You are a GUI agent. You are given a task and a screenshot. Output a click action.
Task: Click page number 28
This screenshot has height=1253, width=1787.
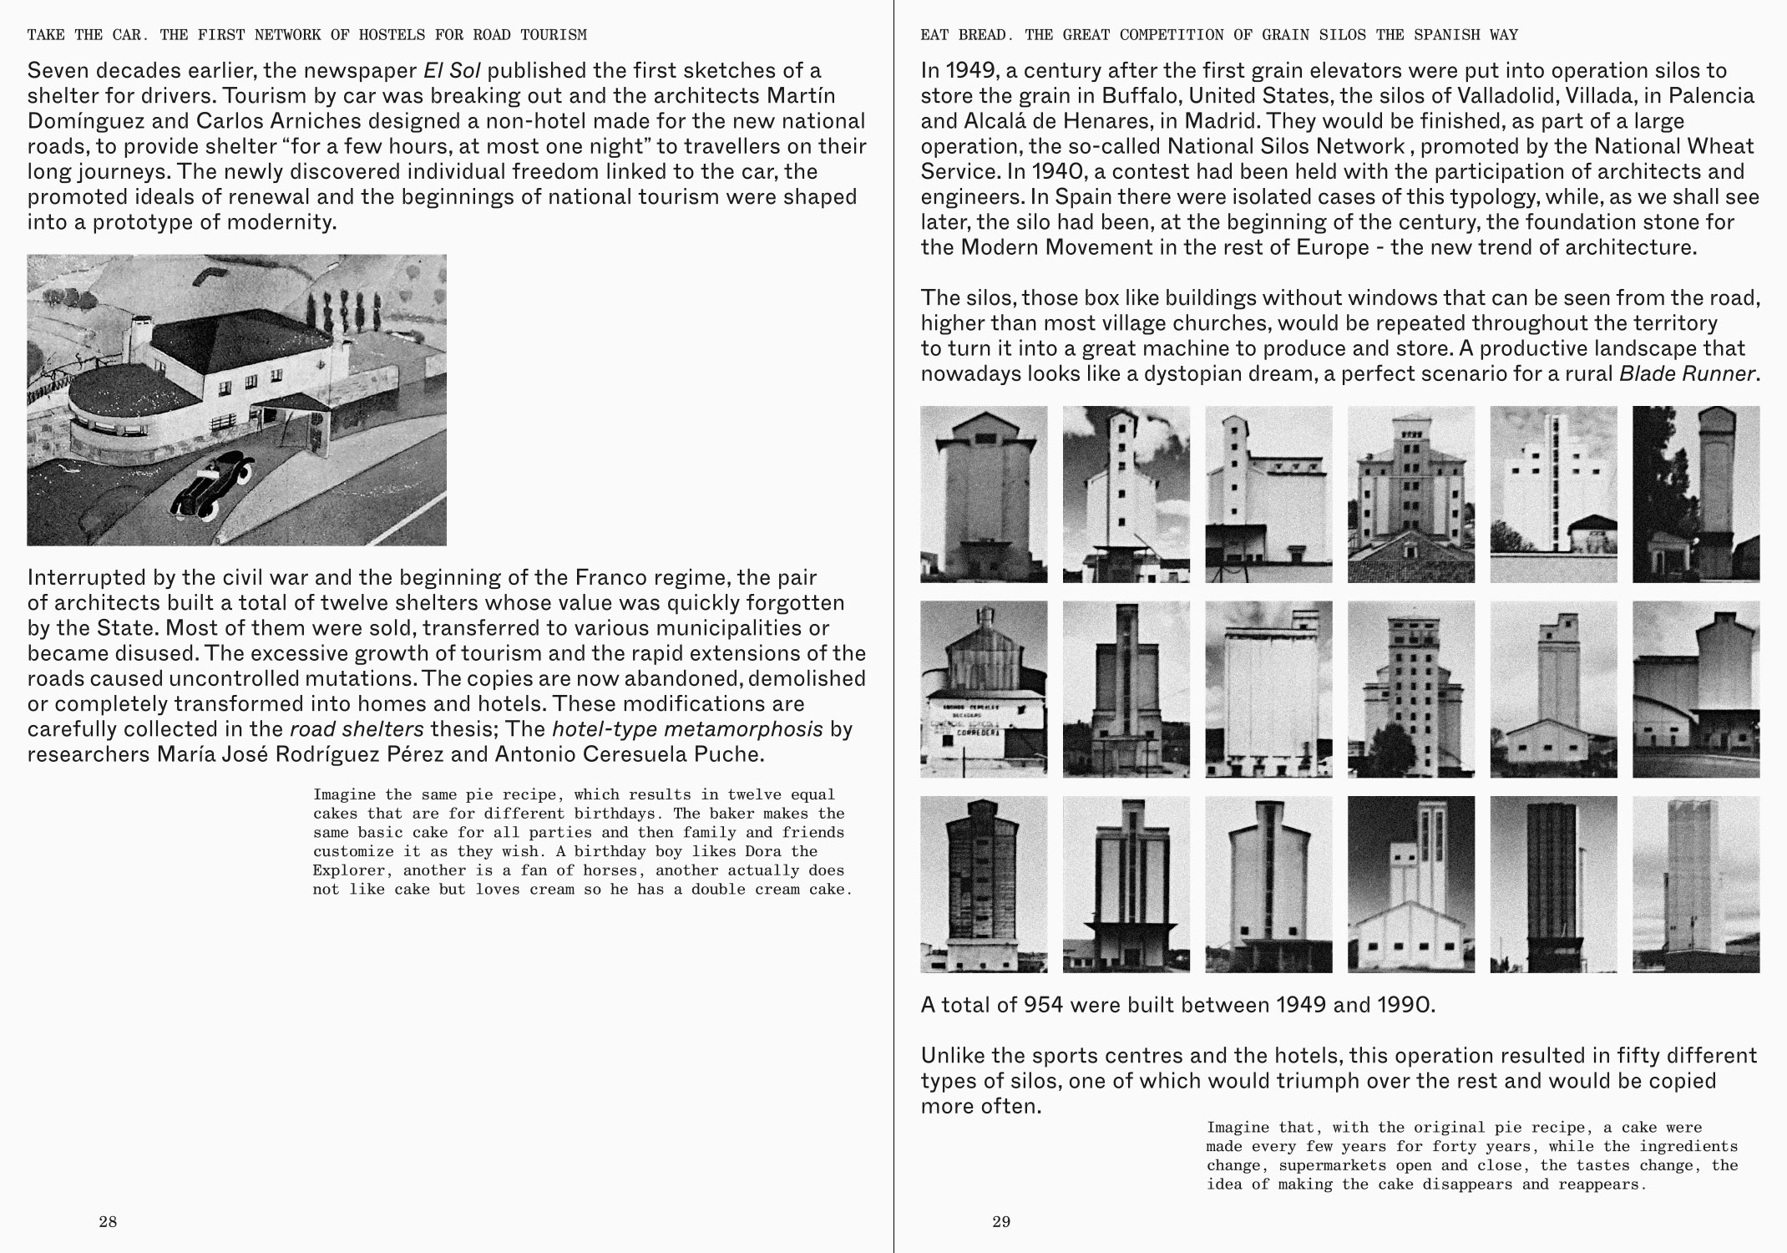[108, 1222]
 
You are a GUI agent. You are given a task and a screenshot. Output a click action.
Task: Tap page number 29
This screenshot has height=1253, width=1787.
[1001, 1222]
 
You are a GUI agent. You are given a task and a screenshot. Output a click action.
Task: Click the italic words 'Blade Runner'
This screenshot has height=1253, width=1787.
[1687, 373]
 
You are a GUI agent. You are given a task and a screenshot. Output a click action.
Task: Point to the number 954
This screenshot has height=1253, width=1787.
[1043, 1004]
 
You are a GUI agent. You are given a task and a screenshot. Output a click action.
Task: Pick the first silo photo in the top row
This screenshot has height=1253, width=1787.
[984, 495]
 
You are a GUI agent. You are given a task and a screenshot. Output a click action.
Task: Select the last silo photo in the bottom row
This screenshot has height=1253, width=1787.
[1696, 885]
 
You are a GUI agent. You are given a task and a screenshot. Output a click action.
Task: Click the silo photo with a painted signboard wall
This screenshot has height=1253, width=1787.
[984, 690]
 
